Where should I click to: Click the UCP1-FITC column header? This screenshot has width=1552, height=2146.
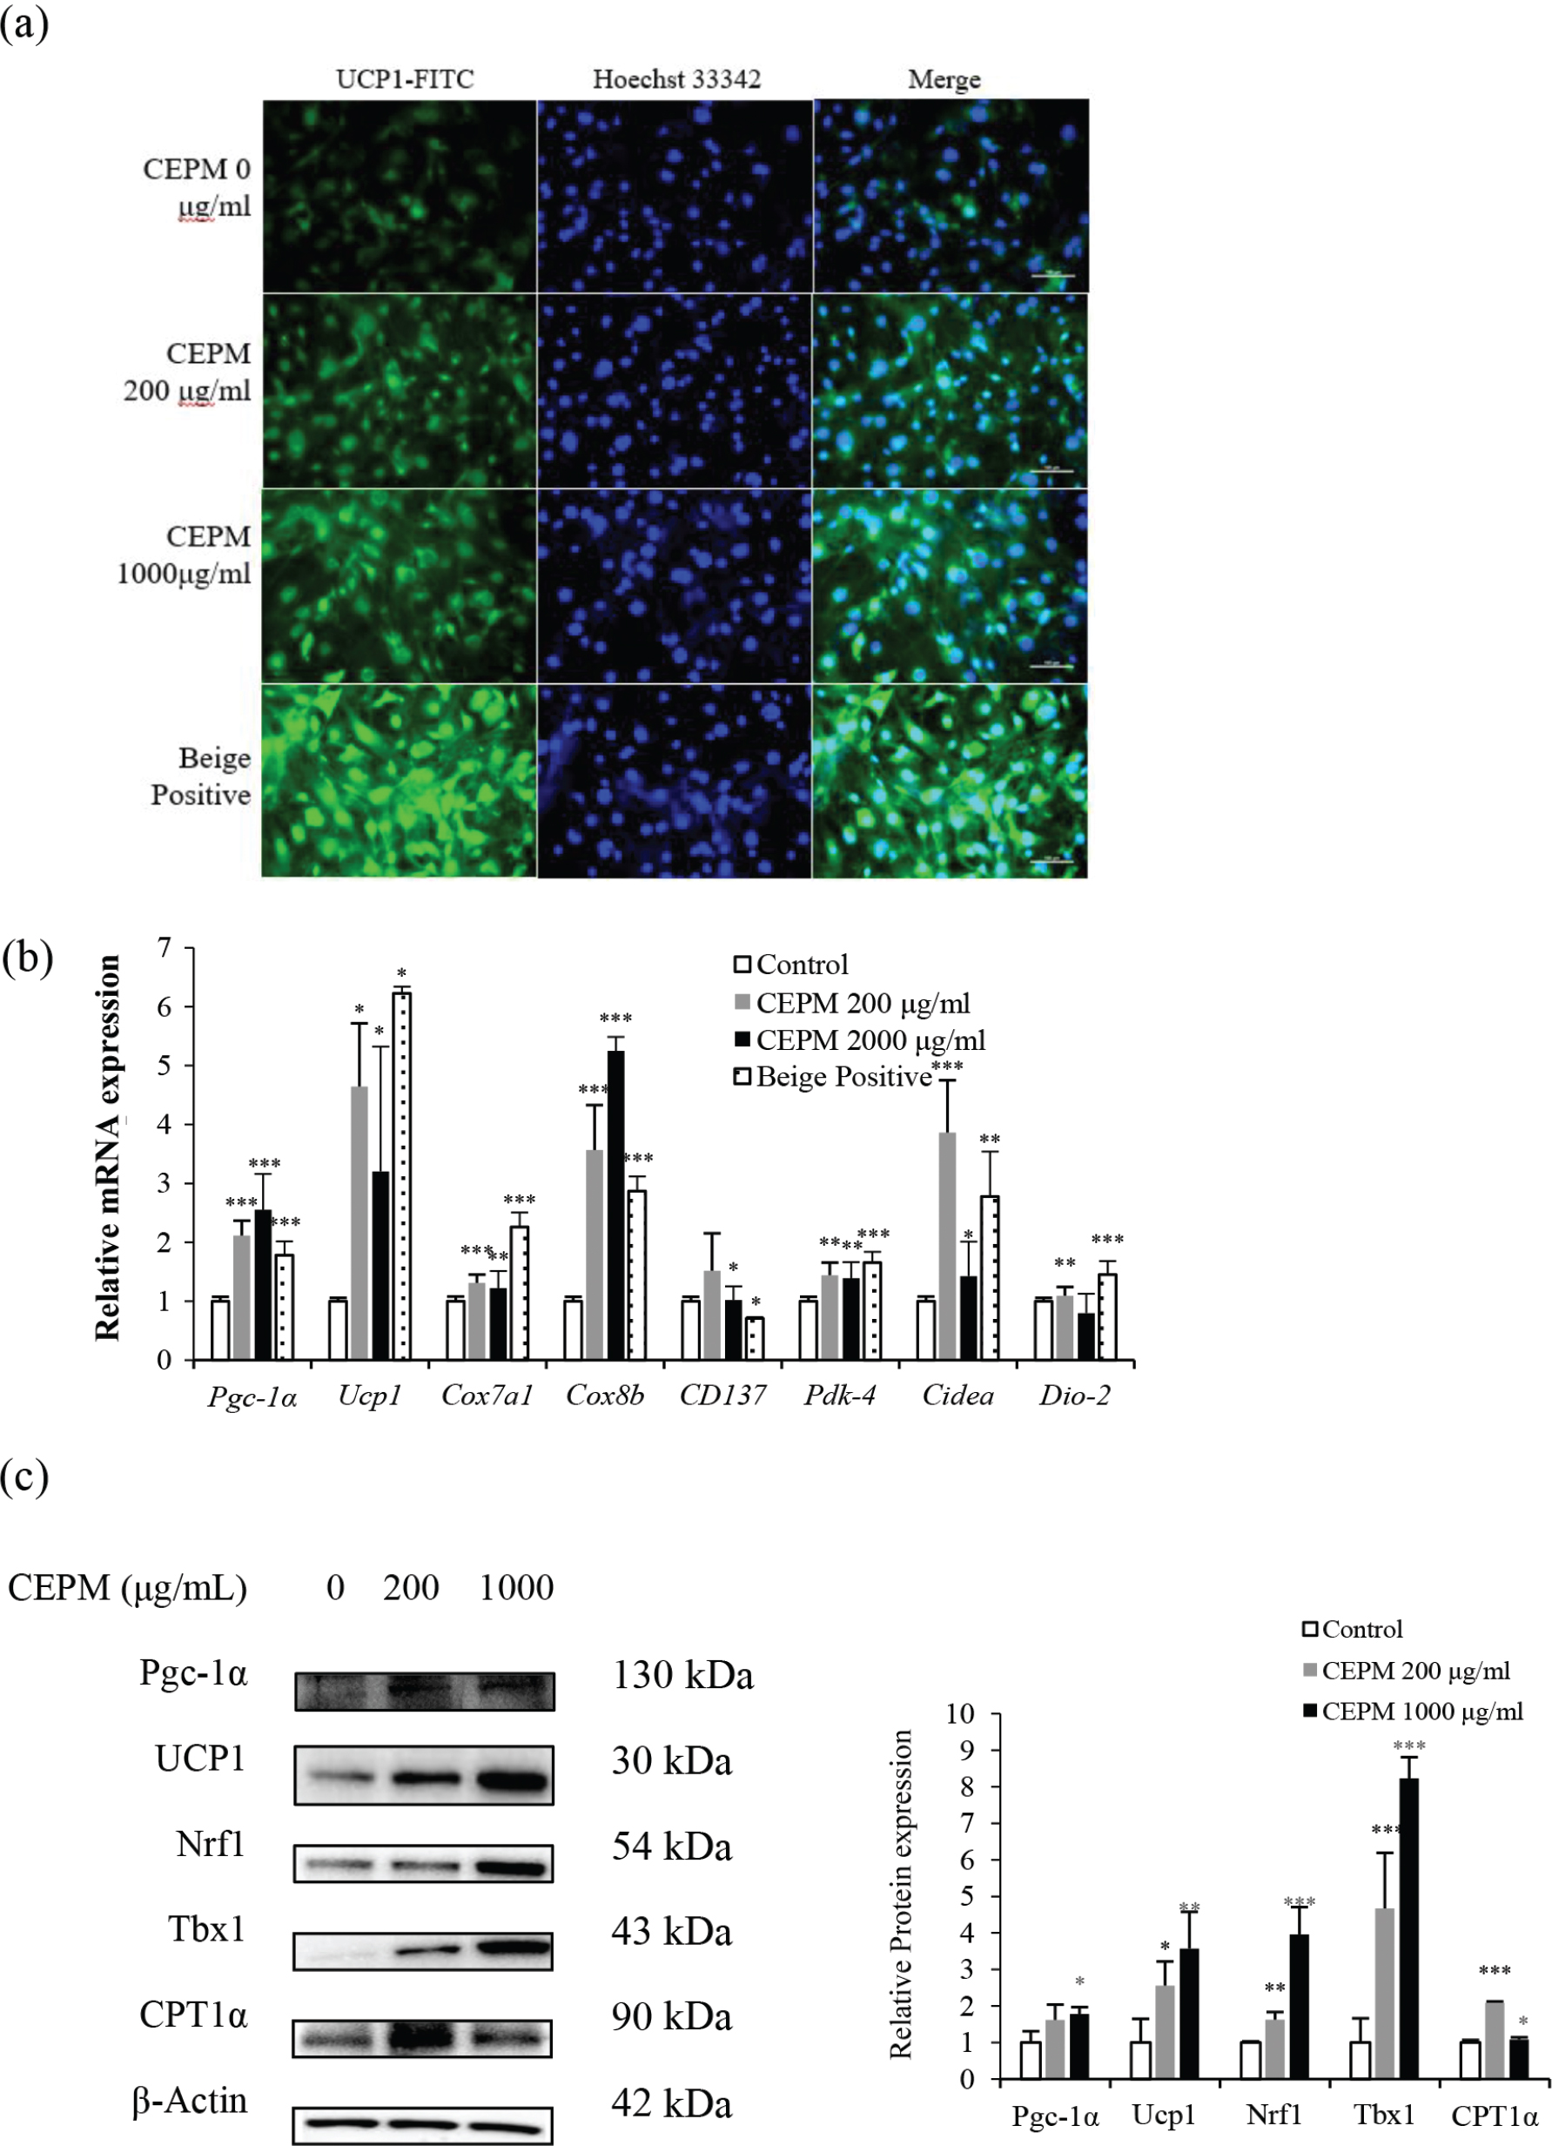pos(405,79)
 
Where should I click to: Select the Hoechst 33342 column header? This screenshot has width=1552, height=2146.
pos(676,79)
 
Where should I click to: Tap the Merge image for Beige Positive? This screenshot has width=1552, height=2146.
pos(950,781)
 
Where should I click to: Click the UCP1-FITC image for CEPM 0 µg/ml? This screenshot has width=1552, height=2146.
pos(400,196)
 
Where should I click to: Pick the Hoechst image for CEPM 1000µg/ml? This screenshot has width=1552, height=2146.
pos(675,586)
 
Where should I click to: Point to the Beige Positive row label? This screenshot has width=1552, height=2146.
pos(200,776)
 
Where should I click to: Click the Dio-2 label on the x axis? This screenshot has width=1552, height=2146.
pos(1074,1396)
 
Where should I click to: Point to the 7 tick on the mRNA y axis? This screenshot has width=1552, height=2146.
pos(165,948)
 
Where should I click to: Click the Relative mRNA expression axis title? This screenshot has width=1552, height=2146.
pos(108,1147)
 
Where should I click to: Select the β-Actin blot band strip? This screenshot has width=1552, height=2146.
pos(423,2123)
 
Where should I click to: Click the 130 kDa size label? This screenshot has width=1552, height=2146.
pos(682,1676)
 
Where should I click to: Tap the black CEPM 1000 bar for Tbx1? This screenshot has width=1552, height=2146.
pos(1409,1927)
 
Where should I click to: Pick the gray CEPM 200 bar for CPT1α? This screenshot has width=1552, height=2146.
pos(1495,2039)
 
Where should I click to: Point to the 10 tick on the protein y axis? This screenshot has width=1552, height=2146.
pos(960,1714)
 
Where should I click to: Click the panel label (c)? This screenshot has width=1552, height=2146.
pos(24,1477)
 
